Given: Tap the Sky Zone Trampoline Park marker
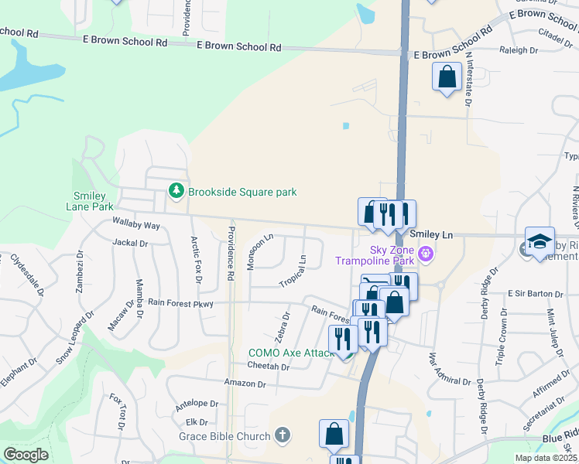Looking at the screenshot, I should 424,253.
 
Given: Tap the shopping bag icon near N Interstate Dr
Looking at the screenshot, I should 447,77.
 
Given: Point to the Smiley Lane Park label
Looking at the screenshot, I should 94,201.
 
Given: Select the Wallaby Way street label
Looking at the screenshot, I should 135,225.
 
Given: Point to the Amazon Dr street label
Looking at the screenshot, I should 245,384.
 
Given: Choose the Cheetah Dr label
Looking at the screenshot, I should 269,367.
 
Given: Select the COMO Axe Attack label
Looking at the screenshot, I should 291,353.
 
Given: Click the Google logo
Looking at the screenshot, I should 26,455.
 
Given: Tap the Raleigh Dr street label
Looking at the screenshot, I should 519,50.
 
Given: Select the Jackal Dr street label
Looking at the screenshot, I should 129,243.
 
